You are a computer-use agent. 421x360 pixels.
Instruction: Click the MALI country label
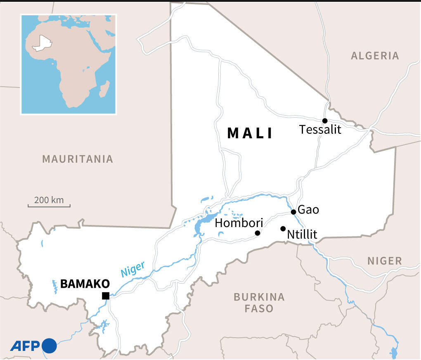250,133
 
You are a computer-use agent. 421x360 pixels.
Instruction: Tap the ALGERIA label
375,56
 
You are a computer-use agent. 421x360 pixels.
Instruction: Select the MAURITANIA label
78,159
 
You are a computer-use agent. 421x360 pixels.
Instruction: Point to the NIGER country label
384,261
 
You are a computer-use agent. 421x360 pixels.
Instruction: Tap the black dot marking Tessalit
325,121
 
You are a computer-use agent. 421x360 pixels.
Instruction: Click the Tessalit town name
320,130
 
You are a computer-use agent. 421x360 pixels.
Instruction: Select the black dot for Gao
293,212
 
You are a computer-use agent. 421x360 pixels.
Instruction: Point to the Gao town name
308,210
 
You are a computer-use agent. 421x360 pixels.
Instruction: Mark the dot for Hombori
258,233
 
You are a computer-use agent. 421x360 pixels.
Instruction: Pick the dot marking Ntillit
283,229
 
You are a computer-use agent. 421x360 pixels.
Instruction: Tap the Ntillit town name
302,235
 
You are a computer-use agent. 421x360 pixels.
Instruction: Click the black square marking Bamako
106,296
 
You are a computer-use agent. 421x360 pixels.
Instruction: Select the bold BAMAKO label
85,284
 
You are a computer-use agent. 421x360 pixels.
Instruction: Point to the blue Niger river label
132,269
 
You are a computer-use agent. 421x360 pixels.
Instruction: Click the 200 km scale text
49,200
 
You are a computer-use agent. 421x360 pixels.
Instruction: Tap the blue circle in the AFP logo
50,346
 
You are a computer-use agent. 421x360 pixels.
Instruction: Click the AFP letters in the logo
25,346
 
